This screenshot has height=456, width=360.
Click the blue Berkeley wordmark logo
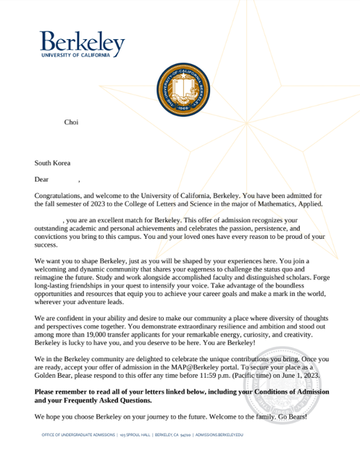click(81, 44)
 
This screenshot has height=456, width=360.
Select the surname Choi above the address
click(71, 123)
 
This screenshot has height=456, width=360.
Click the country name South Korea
click(52, 164)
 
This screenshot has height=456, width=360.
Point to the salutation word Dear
click(42, 179)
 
